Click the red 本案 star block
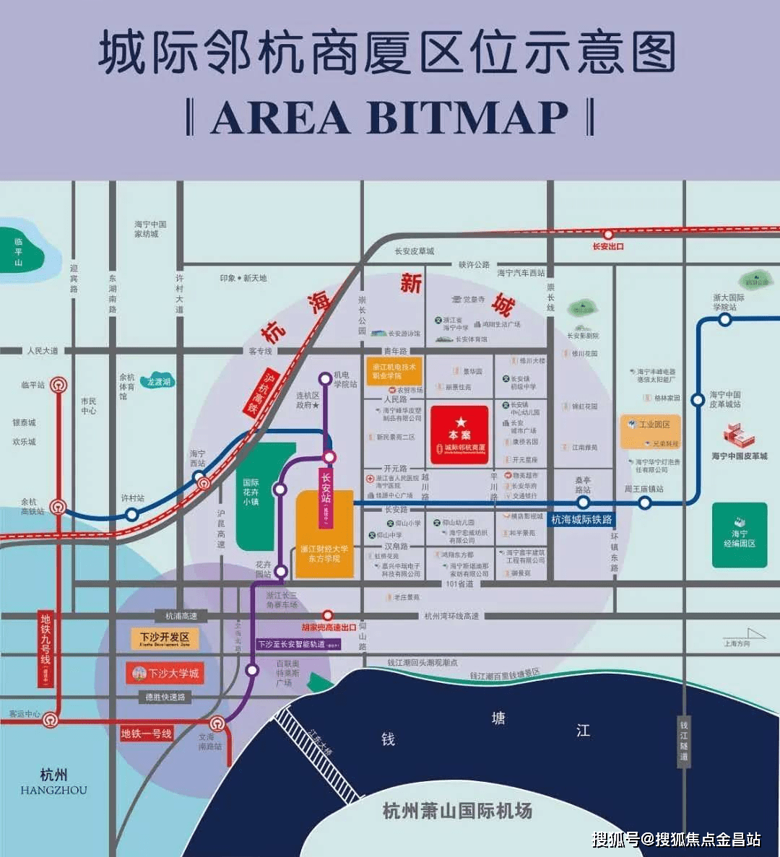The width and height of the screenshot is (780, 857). [x=459, y=434]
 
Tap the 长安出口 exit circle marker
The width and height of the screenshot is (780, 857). [x=608, y=235]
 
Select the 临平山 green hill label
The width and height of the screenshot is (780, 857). [x=19, y=252]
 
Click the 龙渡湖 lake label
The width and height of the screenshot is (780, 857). [x=159, y=382]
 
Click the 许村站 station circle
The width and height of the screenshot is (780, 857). [x=131, y=514]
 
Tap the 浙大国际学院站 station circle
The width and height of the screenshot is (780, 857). [x=724, y=320]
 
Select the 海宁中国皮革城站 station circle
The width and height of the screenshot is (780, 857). [x=698, y=399]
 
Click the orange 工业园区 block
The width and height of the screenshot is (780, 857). [x=650, y=431]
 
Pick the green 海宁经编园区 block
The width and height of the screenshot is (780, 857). [x=739, y=535]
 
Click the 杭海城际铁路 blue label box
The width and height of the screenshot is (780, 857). [x=581, y=519]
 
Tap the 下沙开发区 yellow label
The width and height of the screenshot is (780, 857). [x=165, y=639]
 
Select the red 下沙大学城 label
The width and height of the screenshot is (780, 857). [x=165, y=674]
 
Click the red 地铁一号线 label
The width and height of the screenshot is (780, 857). [x=147, y=734]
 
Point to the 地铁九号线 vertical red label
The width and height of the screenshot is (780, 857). [x=45, y=648]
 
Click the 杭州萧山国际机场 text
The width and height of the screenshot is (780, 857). [x=457, y=810]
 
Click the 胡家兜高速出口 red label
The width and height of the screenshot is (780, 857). [x=329, y=627]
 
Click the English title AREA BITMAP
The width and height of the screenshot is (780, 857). [x=389, y=117]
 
